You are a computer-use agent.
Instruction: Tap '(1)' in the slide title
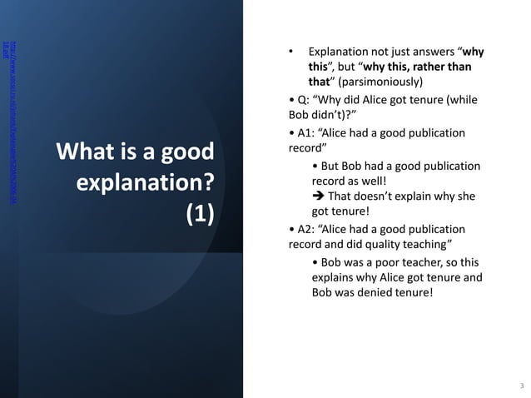pos(200,211)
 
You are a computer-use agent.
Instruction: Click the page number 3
pos(521,386)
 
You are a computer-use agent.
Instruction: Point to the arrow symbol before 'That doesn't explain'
pos(318,197)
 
